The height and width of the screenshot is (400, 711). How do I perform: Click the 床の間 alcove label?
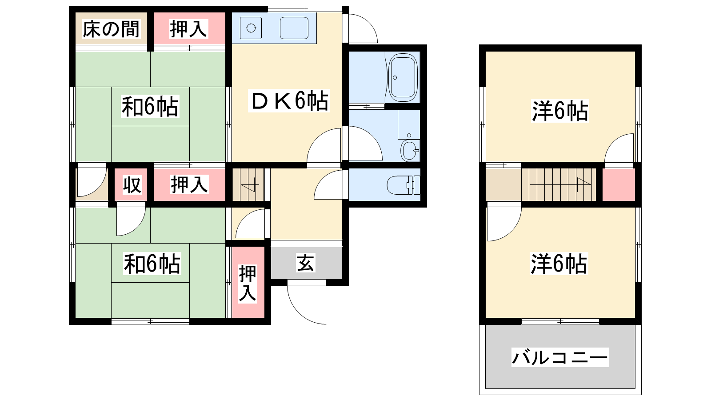click(x=111, y=29)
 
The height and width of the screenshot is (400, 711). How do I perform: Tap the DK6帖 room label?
click(x=290, y=101)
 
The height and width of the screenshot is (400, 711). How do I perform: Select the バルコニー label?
click(x=559, y=357)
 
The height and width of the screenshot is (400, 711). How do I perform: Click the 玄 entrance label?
click(x=306, y=263)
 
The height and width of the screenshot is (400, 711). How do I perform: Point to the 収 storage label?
click(x=132, y=185)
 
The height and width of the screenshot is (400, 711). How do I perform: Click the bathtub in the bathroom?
click(x=403, y=78)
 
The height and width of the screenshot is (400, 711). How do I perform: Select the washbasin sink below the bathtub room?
click(x=410, y=150)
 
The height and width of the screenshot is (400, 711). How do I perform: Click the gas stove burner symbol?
click(x=251, y=28)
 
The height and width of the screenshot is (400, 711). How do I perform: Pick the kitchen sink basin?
click(x=294, y=28)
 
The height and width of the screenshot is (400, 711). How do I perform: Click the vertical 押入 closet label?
click(x=248, y=283)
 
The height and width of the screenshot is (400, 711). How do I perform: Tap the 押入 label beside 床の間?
click(x=188, y=29)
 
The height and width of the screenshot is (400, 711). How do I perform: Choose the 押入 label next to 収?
click(x=189, y=184)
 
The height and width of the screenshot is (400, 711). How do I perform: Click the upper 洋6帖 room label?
click(x=560, y=111)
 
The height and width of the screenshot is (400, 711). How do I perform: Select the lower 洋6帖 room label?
click(x=559, y=264)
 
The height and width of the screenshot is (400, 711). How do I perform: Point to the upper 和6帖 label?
click(x=150, y=107)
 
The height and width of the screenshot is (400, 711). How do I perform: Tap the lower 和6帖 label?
click(x=152, y=264)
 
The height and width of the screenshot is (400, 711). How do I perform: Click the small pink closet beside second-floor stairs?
click(x=619, y=184)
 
